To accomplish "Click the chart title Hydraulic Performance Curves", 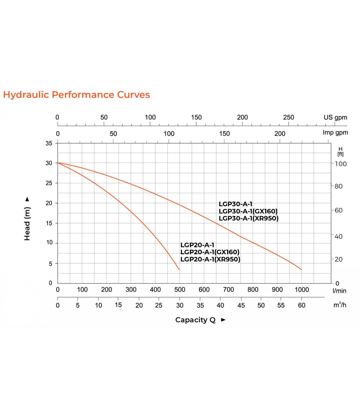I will [x=76, y=95].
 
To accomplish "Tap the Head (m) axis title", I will [x=27, y=223].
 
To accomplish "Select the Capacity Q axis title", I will [x=195, y=320].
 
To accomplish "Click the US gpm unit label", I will [x=335, y=117].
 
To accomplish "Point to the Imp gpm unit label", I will [x=335, y=133].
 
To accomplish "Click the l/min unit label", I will [x=339, y=291].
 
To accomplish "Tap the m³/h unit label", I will [x=340, y=305].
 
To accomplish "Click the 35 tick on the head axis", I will [x=49, y=143].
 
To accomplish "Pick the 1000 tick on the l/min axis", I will [x=302, y=290].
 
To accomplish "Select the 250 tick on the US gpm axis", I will [x=289, y=117].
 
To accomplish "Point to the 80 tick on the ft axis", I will [x=338, y=186].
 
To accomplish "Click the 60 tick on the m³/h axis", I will [x=302, y=305].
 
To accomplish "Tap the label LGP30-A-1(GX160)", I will [x=248, y=211].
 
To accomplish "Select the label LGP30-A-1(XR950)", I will [x=249, y=218].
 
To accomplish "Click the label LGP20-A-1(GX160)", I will [x=210, y=252].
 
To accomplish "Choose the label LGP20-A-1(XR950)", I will [x=210, y=259].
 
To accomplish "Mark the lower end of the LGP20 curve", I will [x=179, y=269].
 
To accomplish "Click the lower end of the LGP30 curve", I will [x=301, y=269].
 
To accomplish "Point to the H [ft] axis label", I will [x=340, y=152].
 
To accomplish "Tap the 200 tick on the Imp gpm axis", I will [x=280, y=134].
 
